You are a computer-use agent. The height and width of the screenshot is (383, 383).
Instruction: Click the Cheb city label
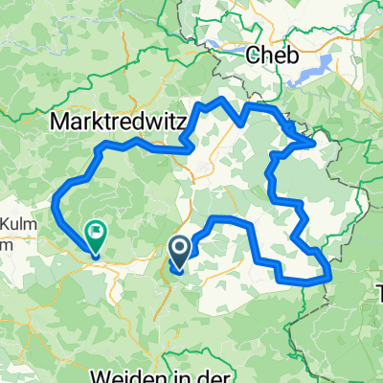click(272, 56)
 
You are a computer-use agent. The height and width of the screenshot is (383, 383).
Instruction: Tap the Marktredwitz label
click(116, 123)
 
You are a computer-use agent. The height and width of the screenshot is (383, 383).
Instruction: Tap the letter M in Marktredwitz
click(59, 123)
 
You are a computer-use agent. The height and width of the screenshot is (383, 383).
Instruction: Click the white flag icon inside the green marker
click(98, 230)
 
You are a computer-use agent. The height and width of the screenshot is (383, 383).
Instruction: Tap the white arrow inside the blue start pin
click(179, 250)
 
